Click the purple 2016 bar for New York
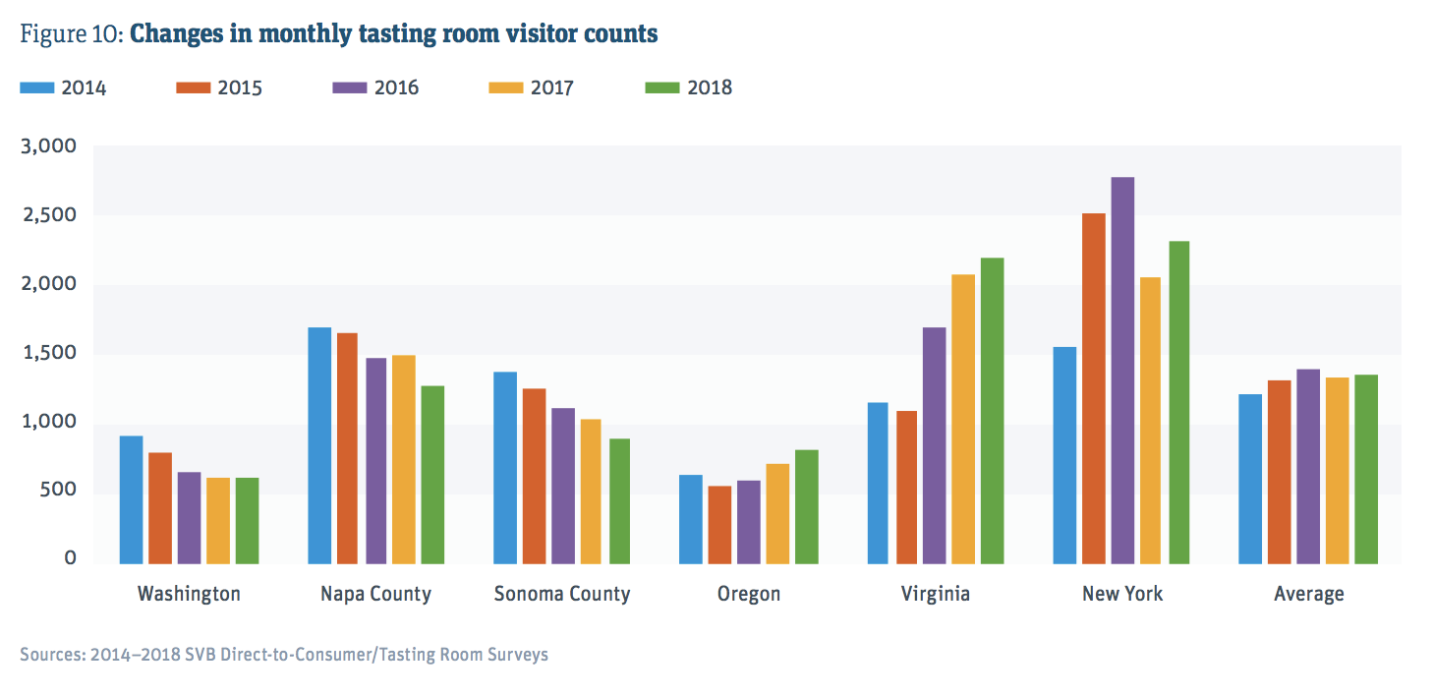coord(1122,371)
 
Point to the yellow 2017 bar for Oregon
coord(777,513)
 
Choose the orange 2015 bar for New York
coord(1093,388)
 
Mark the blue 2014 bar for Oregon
coord(691,519)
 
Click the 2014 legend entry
coord(63,87)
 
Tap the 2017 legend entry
coord(531,87)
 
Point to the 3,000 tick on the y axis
coord(49,146)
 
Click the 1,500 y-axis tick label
coord(49,353)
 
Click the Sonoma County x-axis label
coord(562,594)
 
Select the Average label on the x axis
coord(1308,594)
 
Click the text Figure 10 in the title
coord(70,34)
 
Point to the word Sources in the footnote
coord(50,654)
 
